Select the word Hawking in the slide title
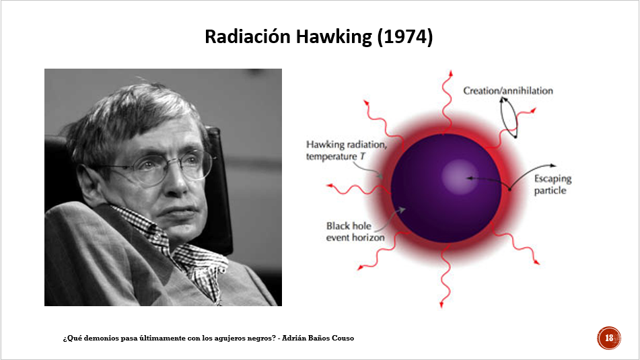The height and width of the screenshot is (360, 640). click(x=334, y=38)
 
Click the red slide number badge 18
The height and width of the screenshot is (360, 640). click(x=608, y=338)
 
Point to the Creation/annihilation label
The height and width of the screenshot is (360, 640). click(x=507, y=91)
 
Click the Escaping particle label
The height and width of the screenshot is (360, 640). click(x=553, y=184)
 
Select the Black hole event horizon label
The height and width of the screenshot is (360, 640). click(x=355, y=231)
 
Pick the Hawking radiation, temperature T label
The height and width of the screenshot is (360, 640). click(x=346, y=151)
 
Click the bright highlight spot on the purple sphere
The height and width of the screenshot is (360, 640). click(x=460, y=177)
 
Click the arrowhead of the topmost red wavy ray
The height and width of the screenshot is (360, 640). click(x=451, y=73)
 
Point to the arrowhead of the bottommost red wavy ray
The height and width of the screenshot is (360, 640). click(x=441, y=304)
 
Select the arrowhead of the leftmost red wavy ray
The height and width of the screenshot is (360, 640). click(x=330, y=186)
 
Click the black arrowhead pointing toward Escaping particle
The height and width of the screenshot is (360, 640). click(x=553, y=166)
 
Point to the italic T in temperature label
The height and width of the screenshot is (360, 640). click(x=362, y=157)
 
